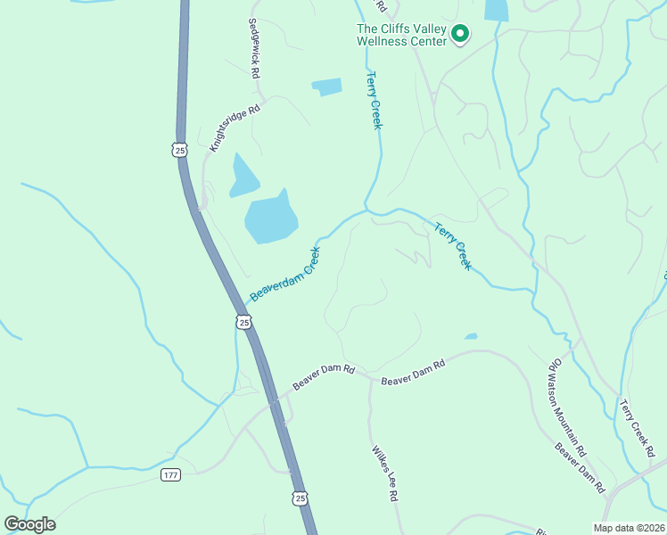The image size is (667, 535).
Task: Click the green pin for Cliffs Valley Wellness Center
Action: [x=460, y=34]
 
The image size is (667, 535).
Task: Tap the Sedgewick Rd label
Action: [x=254, y=51]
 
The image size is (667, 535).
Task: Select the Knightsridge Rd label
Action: [x=234, y=128]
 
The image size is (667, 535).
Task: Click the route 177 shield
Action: [x=170, y=474]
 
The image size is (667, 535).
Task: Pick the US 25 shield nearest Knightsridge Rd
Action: [x=180, y=150]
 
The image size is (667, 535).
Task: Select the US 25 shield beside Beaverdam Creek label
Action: [x=243, y=321]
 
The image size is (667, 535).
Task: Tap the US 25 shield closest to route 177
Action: [x=299, y=498]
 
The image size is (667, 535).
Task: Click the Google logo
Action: [x=30, y=523]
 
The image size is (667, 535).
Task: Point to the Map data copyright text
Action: [x=629, y=528]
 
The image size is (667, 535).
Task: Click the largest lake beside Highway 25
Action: [x=270, y=219]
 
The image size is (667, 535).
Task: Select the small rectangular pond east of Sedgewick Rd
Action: [x=326, y=86]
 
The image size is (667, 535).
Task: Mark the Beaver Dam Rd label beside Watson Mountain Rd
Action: [x=581, y=467]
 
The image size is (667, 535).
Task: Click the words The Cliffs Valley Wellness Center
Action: [x=400, y=35]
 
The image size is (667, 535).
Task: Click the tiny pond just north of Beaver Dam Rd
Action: [x=470, y=336]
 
